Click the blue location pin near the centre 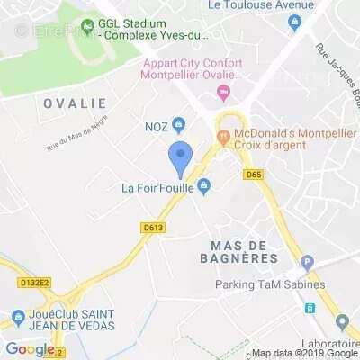tap(181, 158)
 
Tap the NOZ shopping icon tap(179, 125)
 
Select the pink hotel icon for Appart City tap(223, 92)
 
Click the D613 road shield tap(153, 229)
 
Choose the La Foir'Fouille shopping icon tap(204, 187)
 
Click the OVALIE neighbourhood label tap(74, 103)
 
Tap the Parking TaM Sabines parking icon tap(307, 264)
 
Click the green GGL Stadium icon tap(87, 25)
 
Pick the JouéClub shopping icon tap(18, 318)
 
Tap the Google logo tap(30, 348)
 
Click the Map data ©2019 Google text tap(303, 353)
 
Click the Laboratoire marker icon tap(342, 321)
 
